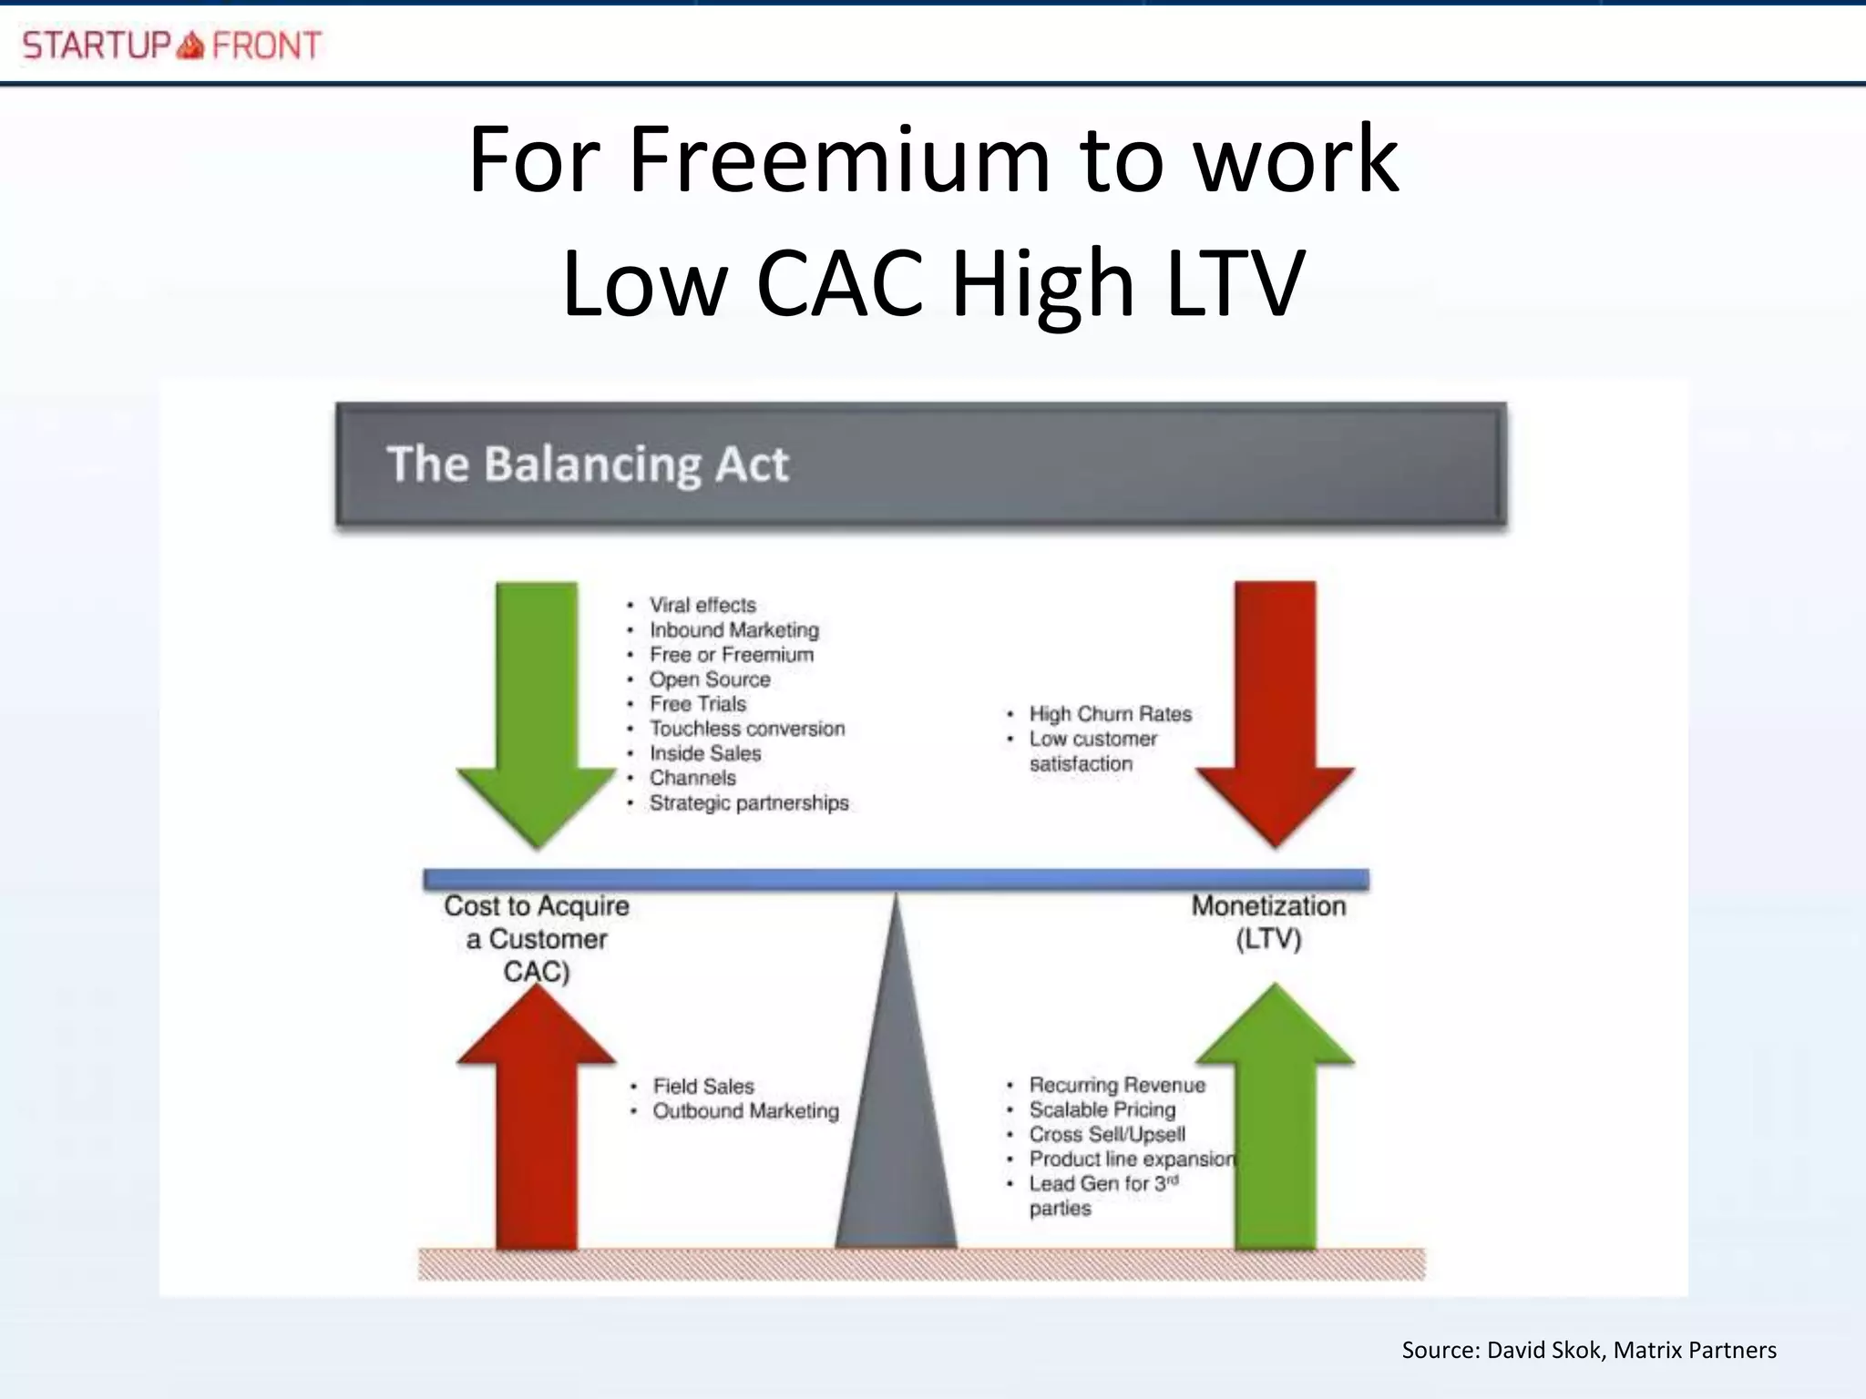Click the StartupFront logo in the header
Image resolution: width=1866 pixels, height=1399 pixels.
[171, 45]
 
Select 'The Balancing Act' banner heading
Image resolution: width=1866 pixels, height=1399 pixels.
[588, 464]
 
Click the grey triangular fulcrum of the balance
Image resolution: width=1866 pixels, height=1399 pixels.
[897, 1139]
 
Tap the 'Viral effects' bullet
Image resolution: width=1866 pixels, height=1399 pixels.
[702, 605]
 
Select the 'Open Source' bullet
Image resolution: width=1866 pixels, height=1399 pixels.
[710, 679]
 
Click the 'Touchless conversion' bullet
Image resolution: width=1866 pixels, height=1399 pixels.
[747, 729]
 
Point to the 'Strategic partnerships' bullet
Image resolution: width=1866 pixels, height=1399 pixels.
[749, 802]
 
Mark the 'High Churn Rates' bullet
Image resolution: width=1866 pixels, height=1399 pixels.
[1110, 714]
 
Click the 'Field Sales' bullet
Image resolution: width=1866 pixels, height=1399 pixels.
[703, 1086]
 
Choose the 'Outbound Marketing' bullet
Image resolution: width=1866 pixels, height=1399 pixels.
[745, 1110]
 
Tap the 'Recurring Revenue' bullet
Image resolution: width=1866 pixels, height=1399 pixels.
[1117, 1085]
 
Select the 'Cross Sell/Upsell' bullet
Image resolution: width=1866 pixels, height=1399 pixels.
[1107, 1134]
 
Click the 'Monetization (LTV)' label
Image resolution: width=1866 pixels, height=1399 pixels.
[1268, 922]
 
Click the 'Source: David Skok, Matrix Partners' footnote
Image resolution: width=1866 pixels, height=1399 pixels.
[1588, 1350]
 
